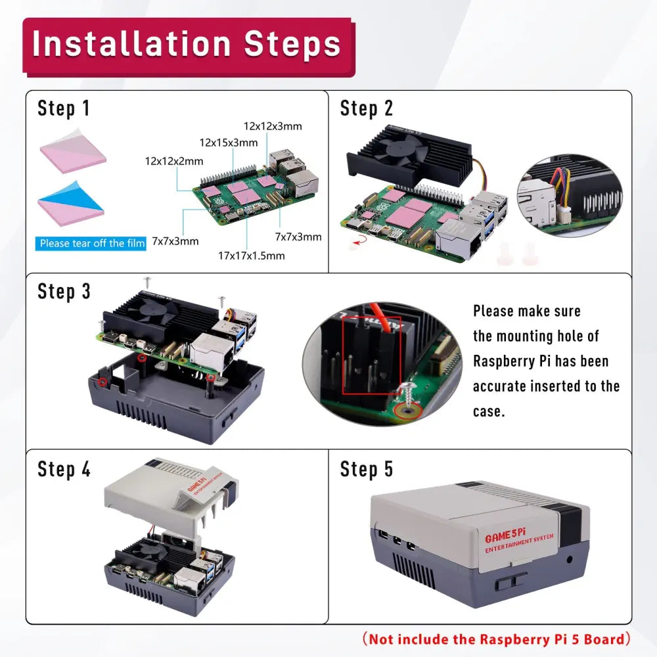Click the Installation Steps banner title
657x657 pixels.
coord(187,43)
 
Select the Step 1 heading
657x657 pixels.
coord(63,108)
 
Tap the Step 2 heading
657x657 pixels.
coord(366,108)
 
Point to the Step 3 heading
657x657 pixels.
coord(64,292)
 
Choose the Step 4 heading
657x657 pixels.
coord(64,469)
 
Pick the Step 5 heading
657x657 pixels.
coord(366,469)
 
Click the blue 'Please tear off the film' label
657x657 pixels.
coord(91,244)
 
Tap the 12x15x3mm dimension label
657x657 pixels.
coord(229,143)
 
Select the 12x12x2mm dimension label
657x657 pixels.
coord(174,162)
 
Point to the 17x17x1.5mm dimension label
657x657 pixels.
coord(252,256)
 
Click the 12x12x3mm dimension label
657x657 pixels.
coord(273,126)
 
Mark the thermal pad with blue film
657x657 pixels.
coord(70,204)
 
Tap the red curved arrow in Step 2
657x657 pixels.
coord(360,240)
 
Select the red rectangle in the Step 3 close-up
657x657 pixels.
coord(372,355)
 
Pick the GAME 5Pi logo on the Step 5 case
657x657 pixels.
coord(505,535)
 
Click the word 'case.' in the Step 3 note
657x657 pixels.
coord(489,411)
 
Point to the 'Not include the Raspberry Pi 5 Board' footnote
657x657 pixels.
coord(497,639)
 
